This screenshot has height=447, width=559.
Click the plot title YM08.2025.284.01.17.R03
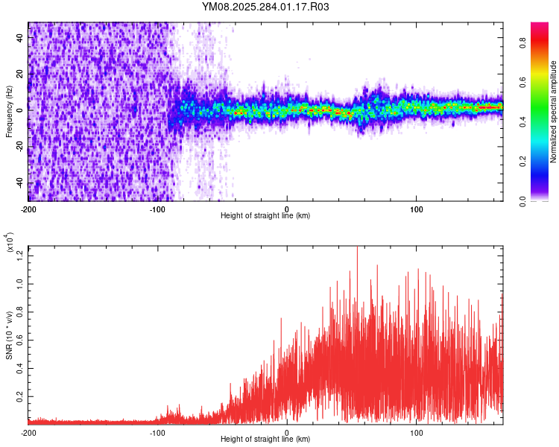click(265, 7)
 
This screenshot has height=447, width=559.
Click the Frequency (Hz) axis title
click(9, 112)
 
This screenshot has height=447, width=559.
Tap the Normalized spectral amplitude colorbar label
click(554, 112)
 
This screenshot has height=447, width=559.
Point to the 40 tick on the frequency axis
click(19, 39)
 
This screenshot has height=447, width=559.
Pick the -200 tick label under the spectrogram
click(28, 209)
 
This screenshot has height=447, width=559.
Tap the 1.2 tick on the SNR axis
click(19, 255)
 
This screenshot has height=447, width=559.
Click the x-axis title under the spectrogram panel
click(265, 216)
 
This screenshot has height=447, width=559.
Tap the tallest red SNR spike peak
click(357, 248)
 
